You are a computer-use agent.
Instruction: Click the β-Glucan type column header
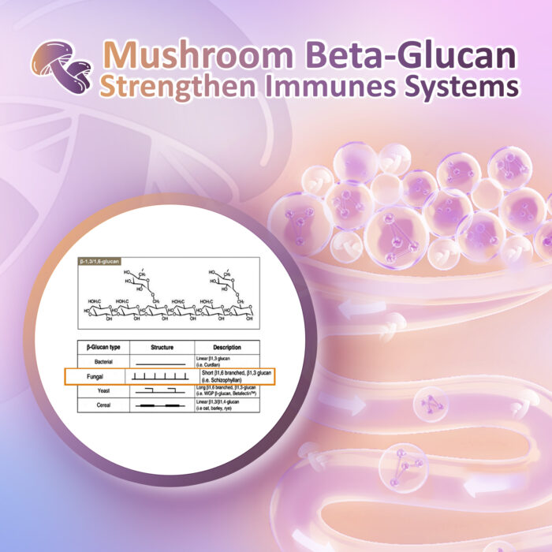click(x=99, y=347)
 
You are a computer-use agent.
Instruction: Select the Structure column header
click(x=161, y=347)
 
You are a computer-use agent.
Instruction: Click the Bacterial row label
click(x=99, y=361)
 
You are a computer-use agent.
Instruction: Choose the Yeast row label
click(x=98, y=390)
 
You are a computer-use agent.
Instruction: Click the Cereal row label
click(x=98, y=405)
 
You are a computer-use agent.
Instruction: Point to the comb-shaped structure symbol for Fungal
click(x=161, y=378)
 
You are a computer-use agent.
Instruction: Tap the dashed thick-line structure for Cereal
click(x=161, y=405)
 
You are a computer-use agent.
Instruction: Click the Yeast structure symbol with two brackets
click(x=161, y=390)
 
